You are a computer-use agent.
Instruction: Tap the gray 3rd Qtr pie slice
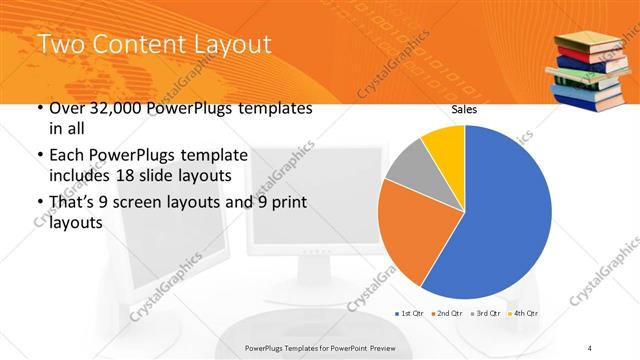pos(408,168)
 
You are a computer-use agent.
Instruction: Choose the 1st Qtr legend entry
pos(409,314)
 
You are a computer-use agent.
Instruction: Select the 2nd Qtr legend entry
pos(447,314)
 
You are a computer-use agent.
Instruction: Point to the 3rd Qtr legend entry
pos(485,314)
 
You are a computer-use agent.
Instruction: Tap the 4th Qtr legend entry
pos(522,314)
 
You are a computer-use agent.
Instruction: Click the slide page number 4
pos(591,347)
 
